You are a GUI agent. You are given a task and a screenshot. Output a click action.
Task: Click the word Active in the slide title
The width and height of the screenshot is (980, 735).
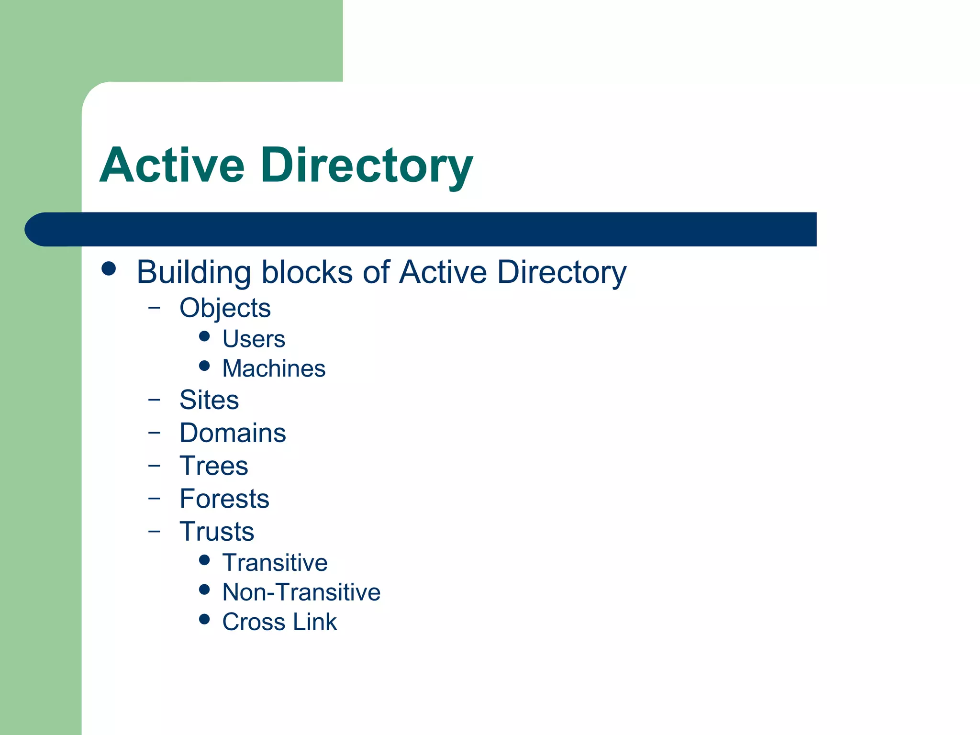click(172, 166)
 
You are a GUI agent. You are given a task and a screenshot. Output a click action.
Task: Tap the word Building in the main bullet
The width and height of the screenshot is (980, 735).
click(193, 272)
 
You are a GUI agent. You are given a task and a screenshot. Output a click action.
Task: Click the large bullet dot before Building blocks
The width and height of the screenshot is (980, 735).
click(109, 268)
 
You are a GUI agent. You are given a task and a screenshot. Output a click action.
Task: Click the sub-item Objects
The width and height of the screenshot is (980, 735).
click(225, 308)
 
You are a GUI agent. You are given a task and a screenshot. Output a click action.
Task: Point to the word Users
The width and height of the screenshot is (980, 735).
click(254, 339)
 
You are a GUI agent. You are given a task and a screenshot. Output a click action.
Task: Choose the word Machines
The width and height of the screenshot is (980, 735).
click(274, 369)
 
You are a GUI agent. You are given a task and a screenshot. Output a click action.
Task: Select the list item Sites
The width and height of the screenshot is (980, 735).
click(209, 400)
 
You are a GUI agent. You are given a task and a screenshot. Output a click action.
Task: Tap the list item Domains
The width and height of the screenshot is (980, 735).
click(233, 433)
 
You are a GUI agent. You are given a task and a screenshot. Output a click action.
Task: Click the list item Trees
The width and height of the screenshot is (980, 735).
click(214, 466)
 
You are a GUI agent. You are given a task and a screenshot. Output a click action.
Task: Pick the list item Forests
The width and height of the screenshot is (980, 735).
click(224, 499)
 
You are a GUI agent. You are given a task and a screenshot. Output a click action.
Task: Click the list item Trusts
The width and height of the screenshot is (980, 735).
click(217, 532)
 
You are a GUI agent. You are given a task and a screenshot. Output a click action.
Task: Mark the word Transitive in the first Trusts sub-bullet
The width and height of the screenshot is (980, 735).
click(275, 563)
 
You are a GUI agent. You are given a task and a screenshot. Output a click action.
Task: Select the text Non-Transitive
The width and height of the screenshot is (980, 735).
click(301, 592)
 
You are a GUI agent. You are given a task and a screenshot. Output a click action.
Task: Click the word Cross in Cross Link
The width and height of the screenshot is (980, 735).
click(254, 622)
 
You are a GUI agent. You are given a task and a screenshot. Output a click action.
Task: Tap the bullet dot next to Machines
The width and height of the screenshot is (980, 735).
click(204, 366)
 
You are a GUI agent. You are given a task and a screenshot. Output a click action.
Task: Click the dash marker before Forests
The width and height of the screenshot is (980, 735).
click(154, 498)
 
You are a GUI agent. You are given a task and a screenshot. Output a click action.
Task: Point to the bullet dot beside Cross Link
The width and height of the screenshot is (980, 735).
click(204, 620)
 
